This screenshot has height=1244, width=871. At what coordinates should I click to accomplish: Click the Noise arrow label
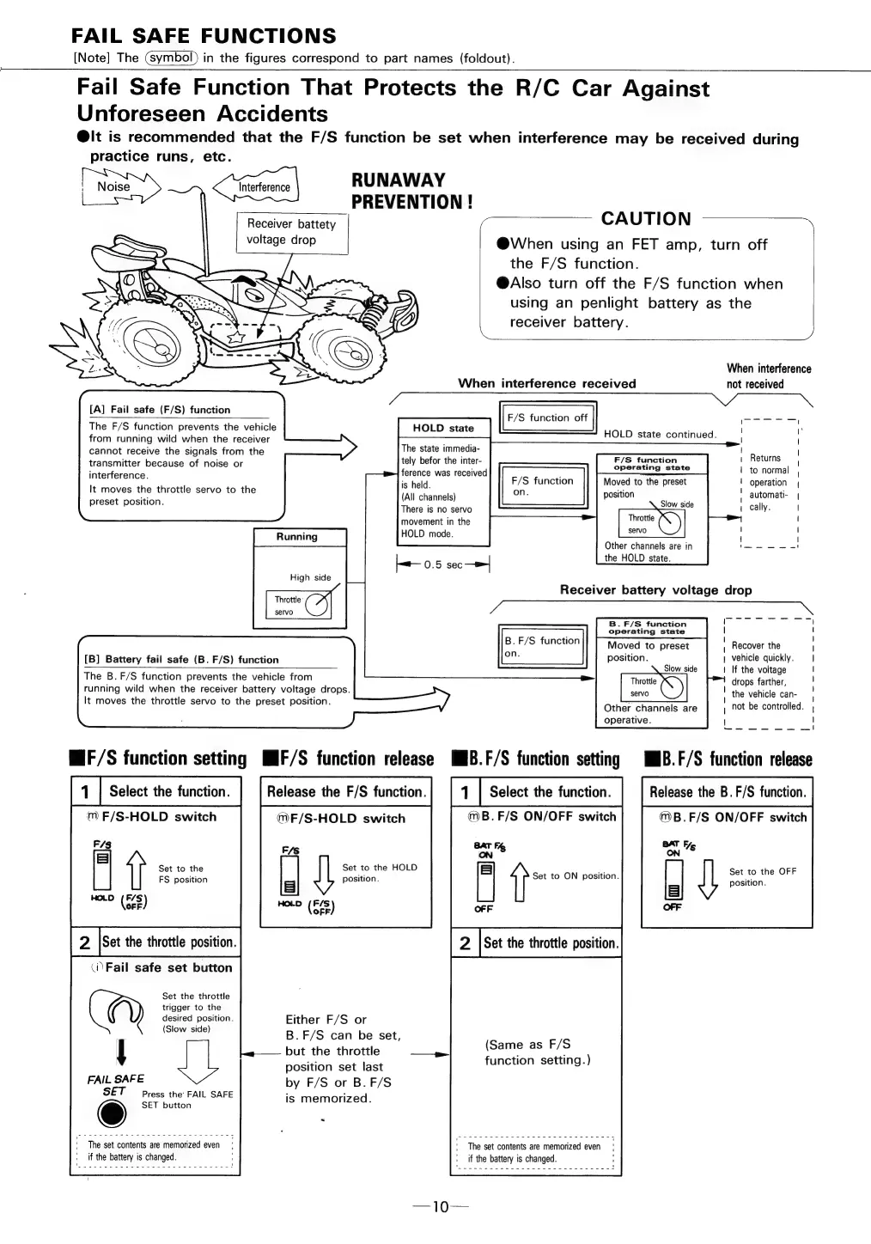coord(114,187)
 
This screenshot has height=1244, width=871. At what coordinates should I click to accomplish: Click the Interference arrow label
coord(265,187)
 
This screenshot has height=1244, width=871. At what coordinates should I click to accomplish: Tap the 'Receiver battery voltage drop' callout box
coord(291,232)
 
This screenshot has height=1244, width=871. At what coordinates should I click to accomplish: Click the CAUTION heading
coord(646,219)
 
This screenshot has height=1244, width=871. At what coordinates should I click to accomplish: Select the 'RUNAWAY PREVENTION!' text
coord(411,192)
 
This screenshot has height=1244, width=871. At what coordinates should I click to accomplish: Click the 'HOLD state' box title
coord(442,428)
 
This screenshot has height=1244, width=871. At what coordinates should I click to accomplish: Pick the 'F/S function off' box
coord(547,418)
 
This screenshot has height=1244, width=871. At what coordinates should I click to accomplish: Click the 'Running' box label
coord(297,537)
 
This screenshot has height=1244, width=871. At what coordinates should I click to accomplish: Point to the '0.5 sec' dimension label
coord(442,564)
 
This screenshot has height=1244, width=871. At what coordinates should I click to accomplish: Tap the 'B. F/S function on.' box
coord(542,647)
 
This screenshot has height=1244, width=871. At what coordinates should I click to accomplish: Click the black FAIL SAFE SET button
coord(112,1113)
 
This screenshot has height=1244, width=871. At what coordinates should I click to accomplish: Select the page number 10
coord(440,1207)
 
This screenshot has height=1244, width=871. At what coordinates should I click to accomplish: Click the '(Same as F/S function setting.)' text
coord(538,1052)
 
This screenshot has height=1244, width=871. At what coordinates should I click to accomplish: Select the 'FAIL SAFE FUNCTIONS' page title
coord(204,36)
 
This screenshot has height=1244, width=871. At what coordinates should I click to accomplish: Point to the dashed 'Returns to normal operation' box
coord(770,482)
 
